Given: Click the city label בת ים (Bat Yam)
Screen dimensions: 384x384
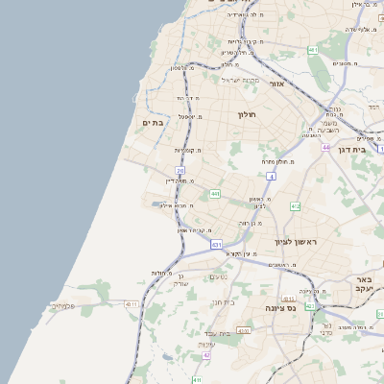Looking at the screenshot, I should [154, 123].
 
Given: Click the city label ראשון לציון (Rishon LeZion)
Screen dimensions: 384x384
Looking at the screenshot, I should [289, 241].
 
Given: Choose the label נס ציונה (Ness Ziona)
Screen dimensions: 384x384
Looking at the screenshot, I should [281, 308].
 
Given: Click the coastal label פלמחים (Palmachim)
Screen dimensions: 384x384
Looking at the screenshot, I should [62, 306].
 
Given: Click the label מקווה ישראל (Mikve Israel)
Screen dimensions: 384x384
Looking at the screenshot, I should [242, 80].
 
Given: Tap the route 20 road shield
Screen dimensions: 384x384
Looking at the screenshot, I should [180, 171].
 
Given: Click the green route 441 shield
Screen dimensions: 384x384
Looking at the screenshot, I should [215, 194].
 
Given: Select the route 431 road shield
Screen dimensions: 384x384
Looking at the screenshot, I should [217, 245].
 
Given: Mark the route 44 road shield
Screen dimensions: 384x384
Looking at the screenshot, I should [326, 148].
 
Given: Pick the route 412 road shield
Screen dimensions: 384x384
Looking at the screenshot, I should [295, 206].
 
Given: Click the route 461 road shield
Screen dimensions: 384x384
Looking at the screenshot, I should [313, 49].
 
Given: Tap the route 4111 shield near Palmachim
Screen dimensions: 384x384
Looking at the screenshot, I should [132, 303].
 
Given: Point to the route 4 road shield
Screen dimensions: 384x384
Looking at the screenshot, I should [272, 177].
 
